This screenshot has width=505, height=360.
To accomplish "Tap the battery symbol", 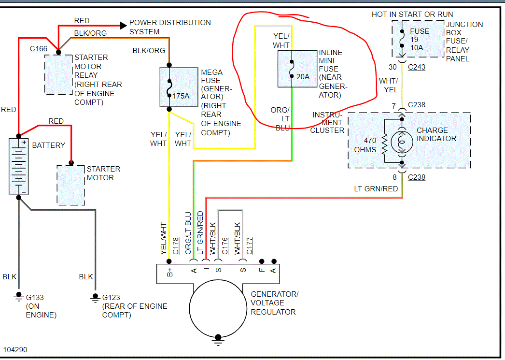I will (x=19, y=167).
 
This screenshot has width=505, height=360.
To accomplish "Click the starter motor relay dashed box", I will (x=58, y=74).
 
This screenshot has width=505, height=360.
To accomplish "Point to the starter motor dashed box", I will (x=71, y=185).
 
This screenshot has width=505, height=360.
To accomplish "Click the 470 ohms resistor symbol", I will (x=385, y=142).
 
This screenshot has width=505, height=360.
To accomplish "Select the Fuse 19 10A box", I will (x=417, y=40).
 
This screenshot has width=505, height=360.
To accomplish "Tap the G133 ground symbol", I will (x=19, y=295).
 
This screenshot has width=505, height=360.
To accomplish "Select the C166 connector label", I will (x=38, y=49).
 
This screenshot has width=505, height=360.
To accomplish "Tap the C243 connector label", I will (x=417, y=67).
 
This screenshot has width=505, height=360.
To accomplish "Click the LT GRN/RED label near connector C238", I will (x=376, y=188).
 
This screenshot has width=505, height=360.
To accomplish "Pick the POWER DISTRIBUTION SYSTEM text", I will (x=170, y=27).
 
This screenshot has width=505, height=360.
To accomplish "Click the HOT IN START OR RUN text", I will (x=412, y=14).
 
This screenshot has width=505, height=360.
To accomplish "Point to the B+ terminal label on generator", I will (x=169, y=273).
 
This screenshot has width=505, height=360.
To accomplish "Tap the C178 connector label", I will (x=176, y=245).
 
